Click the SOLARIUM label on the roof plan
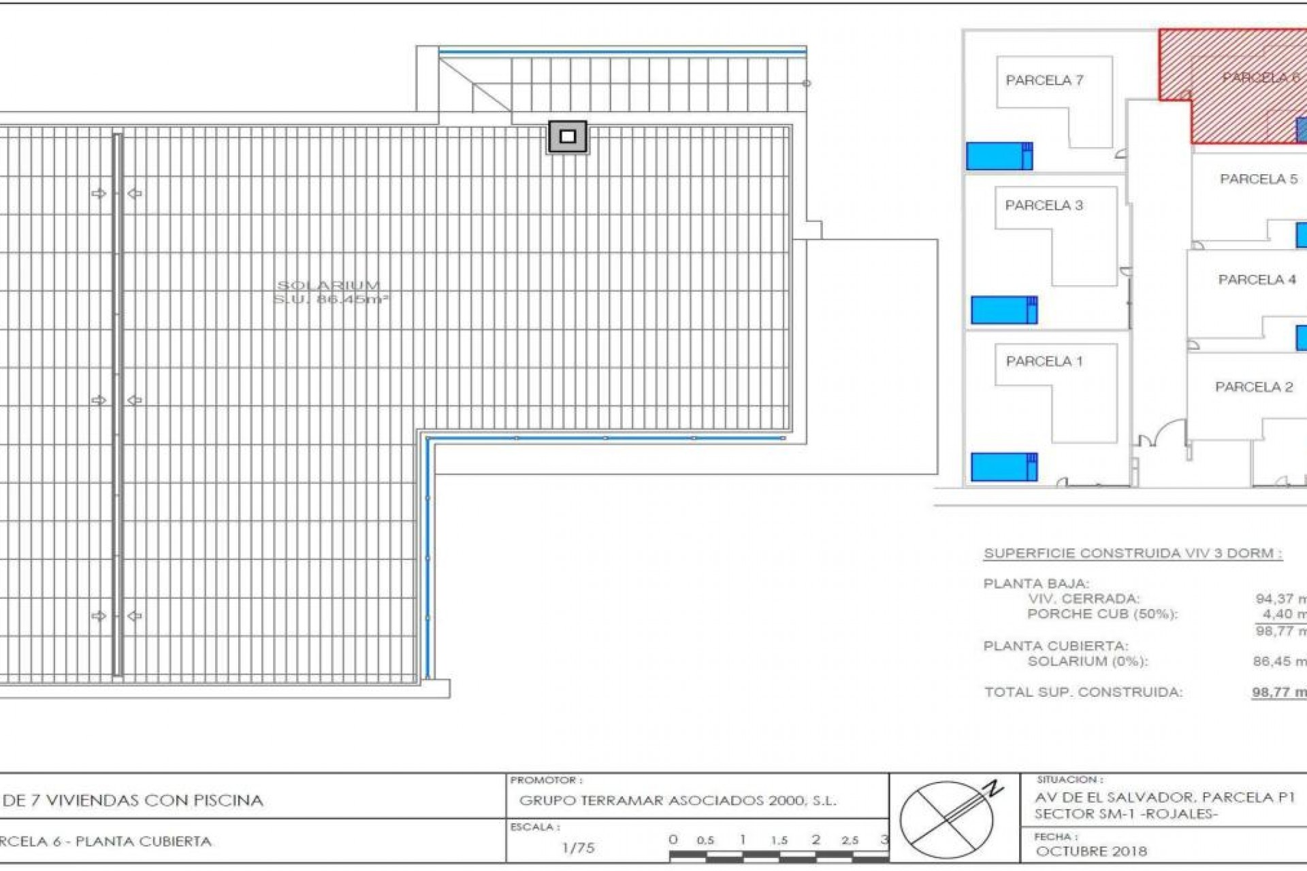(x=329, y=286)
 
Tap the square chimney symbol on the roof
(x=568, y=137)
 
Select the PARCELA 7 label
(x=1044, y=80)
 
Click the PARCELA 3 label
(x=1044, y=206)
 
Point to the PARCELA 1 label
(x=1044, y=361)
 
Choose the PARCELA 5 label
(x=1259, y=179)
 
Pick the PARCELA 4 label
(x=1257, y=280)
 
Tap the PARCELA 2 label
(x=1254, y=387)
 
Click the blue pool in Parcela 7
(x=999, y=156)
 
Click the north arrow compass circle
(x=947, y=819)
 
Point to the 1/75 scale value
(x=578, y=848)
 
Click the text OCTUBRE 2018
(x=1091, y=851)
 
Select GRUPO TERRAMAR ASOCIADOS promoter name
(x=677, y=801)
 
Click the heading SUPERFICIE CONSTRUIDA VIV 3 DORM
(x=1133, y=553)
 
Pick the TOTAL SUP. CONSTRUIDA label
(x=1083, y=692)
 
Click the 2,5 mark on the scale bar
(x=850, y=840)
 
